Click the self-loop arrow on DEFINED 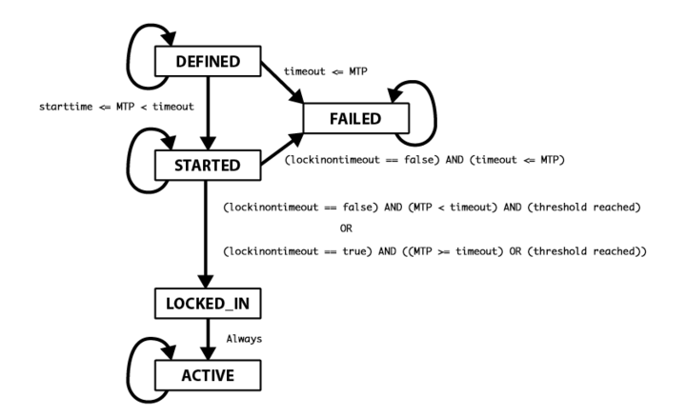click(129, 57)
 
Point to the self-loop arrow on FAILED click(435, 113)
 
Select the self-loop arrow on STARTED click(129, 161)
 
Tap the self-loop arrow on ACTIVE click(129, 370)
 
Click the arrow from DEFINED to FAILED click(282, 83)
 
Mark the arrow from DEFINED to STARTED click(208, 113)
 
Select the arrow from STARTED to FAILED click(282, 149)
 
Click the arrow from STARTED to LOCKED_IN click(206, 234)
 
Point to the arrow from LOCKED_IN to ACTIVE click(208, 339)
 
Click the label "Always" click(244, 339)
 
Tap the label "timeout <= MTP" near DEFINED click(326, 71)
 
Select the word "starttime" click(66, 107)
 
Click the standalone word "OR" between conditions click(346, 228)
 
